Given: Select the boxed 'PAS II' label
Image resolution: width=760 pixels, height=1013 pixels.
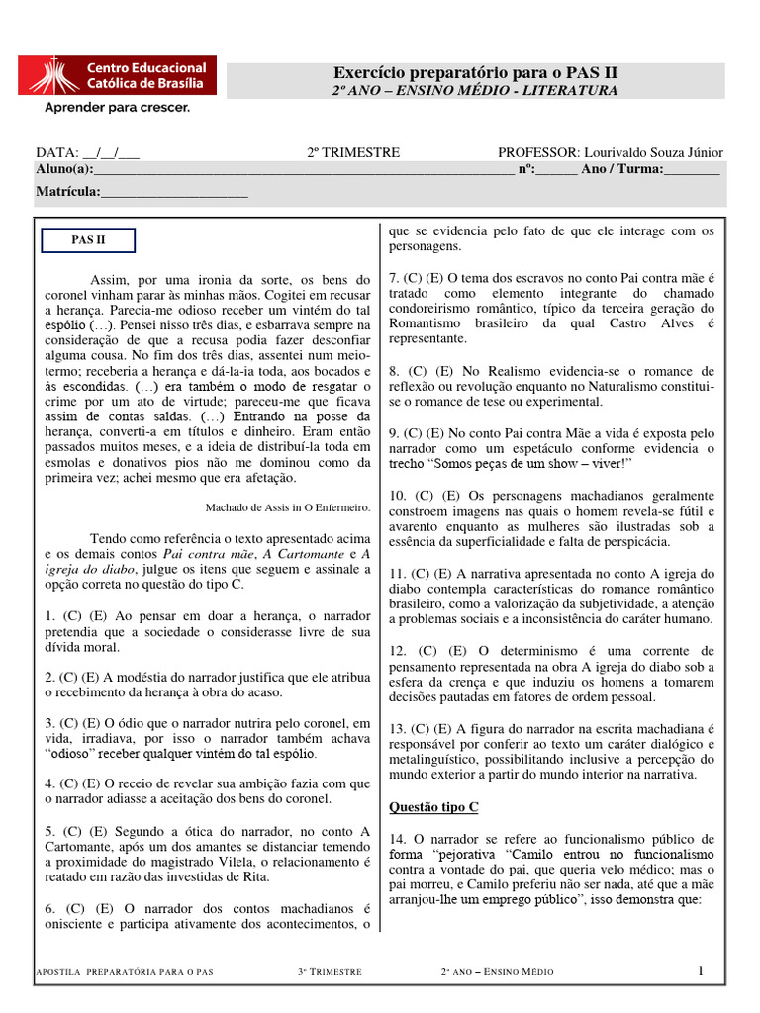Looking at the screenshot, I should tap(88, 240).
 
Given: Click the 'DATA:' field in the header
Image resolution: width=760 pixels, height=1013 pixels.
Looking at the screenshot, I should tap(57, 152).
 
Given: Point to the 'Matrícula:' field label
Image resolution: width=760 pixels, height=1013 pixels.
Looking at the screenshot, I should tap(67, 191).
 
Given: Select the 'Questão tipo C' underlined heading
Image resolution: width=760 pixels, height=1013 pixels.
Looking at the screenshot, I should tap(433, 807).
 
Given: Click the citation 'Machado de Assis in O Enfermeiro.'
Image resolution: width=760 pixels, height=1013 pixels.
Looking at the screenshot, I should tap(288, 507).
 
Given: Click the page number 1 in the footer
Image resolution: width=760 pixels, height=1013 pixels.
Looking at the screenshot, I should tap(700, 970).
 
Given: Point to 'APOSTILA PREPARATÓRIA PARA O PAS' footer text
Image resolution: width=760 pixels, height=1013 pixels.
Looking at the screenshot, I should tap(124, 972).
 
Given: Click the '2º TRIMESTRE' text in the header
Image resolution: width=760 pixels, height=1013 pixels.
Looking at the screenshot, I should tap(353, 152).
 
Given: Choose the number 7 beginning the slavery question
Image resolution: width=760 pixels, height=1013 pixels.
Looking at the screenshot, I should tap(393, 279).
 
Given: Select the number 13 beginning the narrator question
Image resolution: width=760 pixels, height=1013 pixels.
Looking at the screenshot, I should tap(396, 729).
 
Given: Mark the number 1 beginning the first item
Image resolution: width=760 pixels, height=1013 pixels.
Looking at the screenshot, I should tap(48, 615).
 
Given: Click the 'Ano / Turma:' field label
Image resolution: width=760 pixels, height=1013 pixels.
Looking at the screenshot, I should tap(621, 169).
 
